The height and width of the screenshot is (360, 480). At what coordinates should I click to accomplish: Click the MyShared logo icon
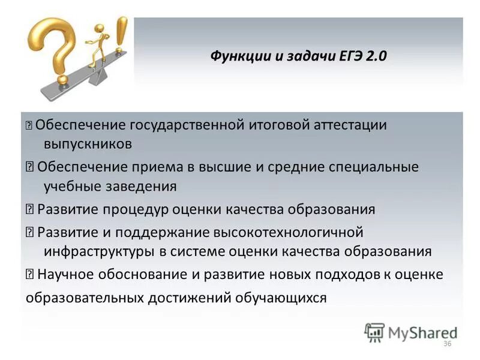pyautogui.click(x=374, y=332)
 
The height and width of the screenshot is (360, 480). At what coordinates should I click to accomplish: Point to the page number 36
pyautogui.click(x=446, y=343)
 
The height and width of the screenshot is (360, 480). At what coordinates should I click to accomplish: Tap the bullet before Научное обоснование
pyautogui.click(x=30, y=275)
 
